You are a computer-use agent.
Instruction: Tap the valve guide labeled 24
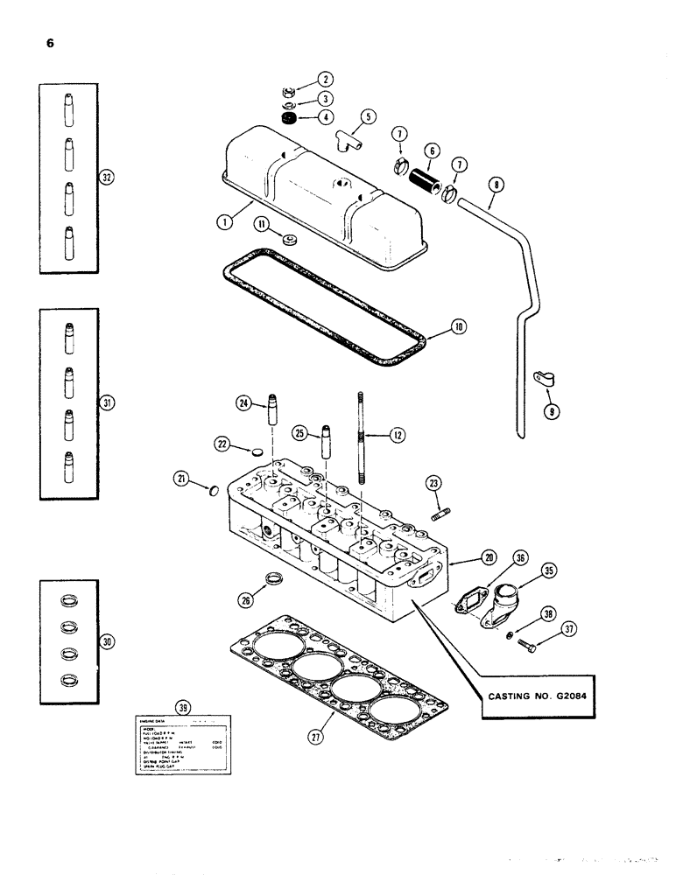(x=271, y=415)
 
